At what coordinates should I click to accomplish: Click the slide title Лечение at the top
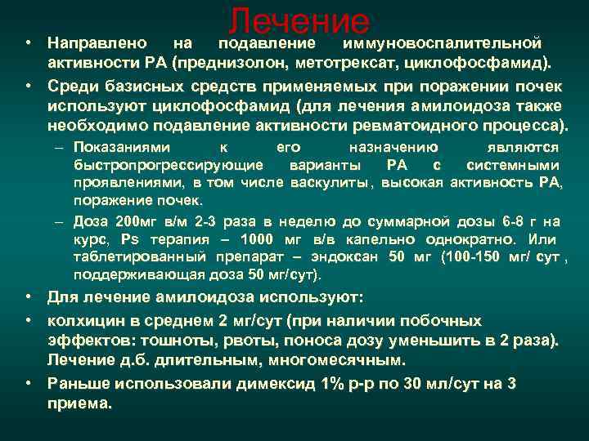299,22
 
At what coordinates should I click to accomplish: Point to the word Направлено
97,41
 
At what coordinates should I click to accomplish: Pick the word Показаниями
122,148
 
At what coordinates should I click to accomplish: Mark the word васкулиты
336,183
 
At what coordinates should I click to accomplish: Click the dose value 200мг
137,221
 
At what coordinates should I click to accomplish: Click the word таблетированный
128,257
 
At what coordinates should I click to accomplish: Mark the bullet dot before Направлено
28,41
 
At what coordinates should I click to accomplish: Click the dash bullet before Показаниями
61,148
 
